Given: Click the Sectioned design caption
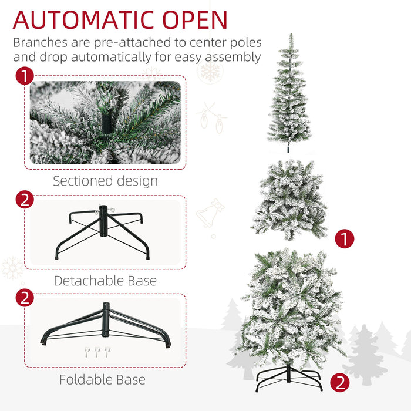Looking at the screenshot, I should coord(105,181).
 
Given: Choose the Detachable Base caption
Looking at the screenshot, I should coord(105,281).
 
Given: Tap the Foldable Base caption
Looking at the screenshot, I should coord(102,379).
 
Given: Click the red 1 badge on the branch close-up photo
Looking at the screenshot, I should coord(24,76).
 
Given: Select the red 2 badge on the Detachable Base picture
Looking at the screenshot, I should coord(24,200).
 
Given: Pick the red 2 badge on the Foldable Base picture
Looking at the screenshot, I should coord(24,298).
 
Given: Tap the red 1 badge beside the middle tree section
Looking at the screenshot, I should coord(345,238).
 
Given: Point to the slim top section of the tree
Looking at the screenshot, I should coord(289,94).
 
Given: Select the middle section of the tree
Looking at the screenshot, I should coord(290,200).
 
